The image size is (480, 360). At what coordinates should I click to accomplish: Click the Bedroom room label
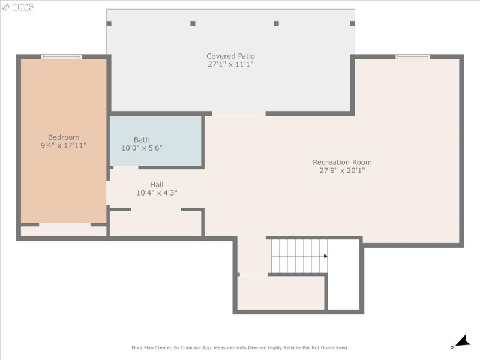pos(64,137)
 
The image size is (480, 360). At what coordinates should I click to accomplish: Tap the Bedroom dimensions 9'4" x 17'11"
pos(64,145)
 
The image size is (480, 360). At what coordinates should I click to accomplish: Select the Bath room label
pos(142,140)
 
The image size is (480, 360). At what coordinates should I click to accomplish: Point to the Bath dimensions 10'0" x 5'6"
pos(142,148)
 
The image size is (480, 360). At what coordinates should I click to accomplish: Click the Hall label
pos(157,185)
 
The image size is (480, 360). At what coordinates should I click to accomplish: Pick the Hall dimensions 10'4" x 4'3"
pos(157,193)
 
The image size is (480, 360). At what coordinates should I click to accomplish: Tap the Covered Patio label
pos(230,56)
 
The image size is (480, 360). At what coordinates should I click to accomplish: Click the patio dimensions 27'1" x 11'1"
pos(230,64)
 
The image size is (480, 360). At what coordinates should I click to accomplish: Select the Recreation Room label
pos(342,162)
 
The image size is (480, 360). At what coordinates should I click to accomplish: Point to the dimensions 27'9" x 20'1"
pos(342,170)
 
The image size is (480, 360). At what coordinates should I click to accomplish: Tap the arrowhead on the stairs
pos(325,256)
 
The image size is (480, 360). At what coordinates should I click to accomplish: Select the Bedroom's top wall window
pos(61,56)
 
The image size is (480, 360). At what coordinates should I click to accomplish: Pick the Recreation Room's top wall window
pos(413,56)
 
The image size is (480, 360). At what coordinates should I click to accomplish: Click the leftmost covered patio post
pos(109,23)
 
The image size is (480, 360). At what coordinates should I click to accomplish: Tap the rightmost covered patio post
pos(352,23)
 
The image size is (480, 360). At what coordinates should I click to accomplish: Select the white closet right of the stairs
pos(344,275)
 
